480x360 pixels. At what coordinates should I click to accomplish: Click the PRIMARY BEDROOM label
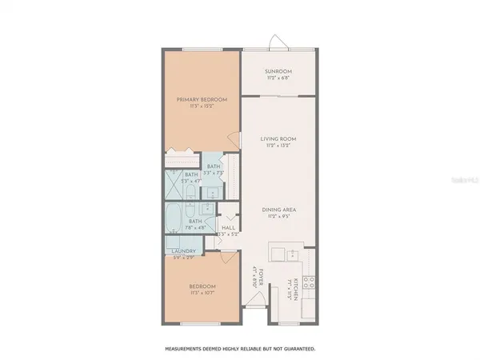coord(202,99)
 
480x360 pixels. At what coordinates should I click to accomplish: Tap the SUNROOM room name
coord(279,71)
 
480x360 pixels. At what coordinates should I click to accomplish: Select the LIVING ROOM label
coord(279,139)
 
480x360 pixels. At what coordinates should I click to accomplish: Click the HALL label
coord(228,227)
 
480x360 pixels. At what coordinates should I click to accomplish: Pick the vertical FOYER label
coord(254,276)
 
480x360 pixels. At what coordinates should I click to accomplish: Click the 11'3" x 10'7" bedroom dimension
coord(202,292)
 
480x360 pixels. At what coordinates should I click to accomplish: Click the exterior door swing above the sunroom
coord(275,41)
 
